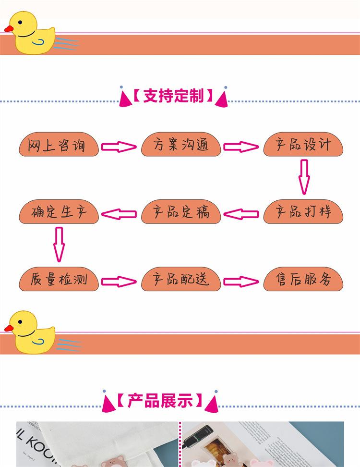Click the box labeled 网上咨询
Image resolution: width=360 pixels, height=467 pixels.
point(59,145)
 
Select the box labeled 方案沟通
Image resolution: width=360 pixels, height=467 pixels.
point(181,145)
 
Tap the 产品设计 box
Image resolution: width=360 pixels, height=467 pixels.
point(303,145)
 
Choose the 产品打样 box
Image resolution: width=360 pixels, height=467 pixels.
point(303,212)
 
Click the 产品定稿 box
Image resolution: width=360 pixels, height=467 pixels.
point(181,212)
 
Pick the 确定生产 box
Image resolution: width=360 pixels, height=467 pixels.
point(59,212)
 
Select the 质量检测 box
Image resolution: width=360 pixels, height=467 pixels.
point(59,279)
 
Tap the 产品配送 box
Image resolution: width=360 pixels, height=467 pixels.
point(181,279)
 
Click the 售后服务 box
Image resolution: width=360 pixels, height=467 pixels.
point(303,279)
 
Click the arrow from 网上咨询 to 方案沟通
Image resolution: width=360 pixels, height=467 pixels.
point(119,147)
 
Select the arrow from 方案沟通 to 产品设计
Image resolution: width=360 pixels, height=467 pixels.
point(241,147)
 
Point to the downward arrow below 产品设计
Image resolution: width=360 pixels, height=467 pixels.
point(304,177)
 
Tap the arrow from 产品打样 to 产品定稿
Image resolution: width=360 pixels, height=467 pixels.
point(241,214)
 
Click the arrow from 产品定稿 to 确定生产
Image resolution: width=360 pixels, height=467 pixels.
point(119,214)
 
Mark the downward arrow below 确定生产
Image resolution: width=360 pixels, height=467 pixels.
point(59,245)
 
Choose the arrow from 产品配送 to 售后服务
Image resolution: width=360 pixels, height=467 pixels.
point(241,282)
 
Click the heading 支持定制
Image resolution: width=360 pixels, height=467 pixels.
point(173,96)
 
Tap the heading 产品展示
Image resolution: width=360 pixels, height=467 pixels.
point(160,401)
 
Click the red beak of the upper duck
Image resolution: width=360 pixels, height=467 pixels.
point(9,29)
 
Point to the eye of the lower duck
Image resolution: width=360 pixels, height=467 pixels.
point(20,322)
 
